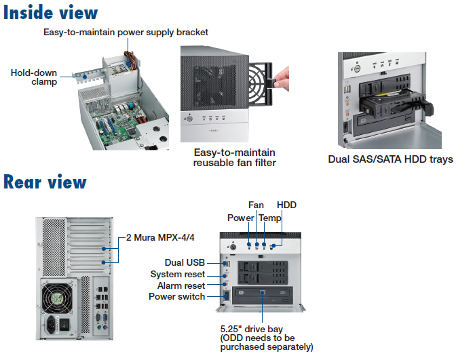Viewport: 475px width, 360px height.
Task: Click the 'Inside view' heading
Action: tap(50, 12)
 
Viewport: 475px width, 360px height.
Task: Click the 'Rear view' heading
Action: tap(45, 182)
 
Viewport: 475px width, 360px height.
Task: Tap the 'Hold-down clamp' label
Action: tap(33, 77)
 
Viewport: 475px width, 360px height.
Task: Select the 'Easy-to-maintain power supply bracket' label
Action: tap(126, 32)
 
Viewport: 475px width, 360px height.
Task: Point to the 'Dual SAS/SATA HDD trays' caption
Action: tap(390, 159)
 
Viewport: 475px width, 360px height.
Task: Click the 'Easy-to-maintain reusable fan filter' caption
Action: tap(235, 157)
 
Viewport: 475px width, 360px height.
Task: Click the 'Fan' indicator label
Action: tap(256, 205)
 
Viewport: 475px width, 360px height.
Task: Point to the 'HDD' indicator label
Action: tap(286, 205)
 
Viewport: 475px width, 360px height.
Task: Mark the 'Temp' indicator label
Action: tap(270, 218)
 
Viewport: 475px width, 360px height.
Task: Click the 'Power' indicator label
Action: tap(240, 218)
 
